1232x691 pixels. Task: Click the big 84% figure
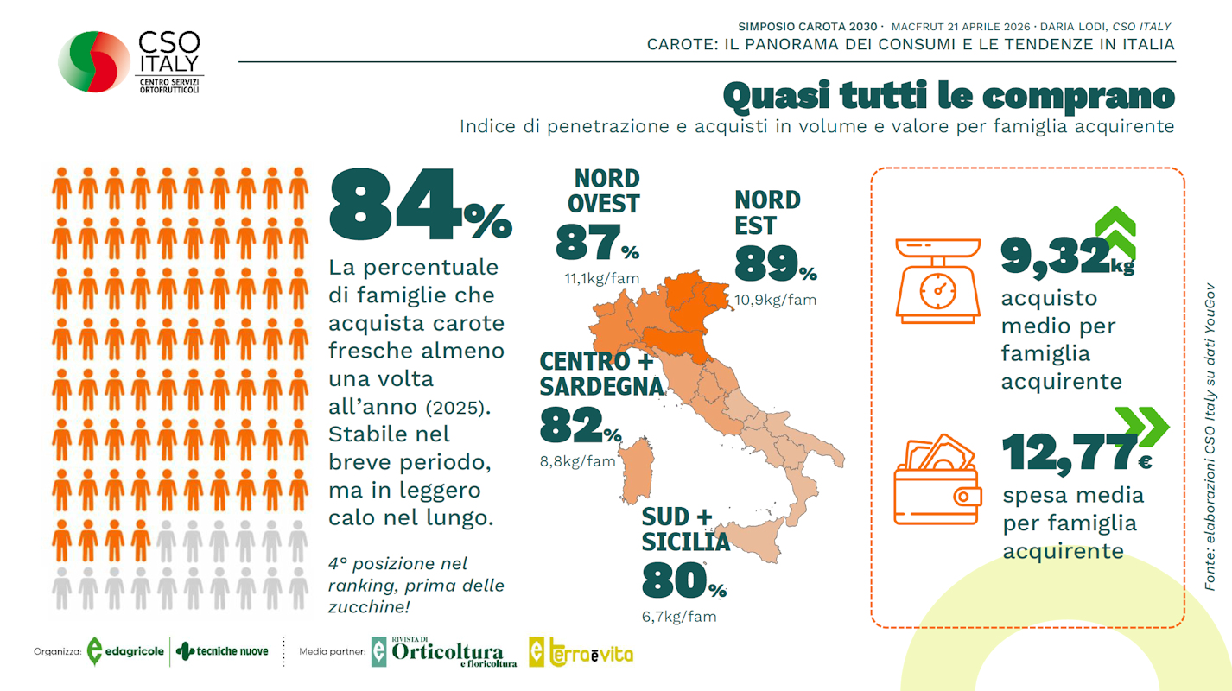click(x=420, y=208)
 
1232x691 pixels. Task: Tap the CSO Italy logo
click(x=130, y=62)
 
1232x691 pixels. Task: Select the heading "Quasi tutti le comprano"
click(x=948, y=96)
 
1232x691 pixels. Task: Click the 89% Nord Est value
click(x=775, y=263)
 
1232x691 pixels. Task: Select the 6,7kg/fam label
click(x=679, y=617)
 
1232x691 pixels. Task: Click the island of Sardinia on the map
click(x=637, y=470)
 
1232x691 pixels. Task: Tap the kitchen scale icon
click(x=938, y=281)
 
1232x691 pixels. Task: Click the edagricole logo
click(x=125, y=651)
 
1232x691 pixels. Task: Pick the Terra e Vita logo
click(x=581, y=653)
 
